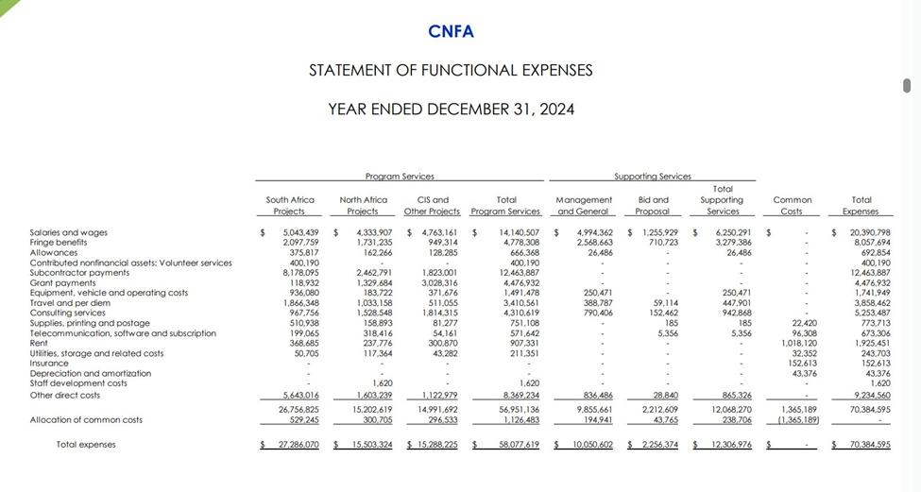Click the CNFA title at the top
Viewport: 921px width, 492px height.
click(451, 31)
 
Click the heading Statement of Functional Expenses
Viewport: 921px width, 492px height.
click(451, 71)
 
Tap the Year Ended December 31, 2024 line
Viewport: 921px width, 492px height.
click(451, 110)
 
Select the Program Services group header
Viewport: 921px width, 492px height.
click(400, 177)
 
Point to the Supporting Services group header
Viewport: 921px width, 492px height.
click(652, 177)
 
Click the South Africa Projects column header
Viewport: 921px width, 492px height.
click(290, 206)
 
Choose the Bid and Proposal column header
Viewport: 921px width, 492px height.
click(653, 206)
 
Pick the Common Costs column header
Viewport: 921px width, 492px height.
click(793, 206)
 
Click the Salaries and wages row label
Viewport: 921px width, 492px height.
click(69, 232)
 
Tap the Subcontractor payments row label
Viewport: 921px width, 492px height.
click(80, 273)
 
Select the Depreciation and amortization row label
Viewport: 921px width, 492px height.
click(91, 373)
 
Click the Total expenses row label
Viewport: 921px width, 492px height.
click(86, 444)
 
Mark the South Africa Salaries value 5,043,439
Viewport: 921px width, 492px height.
click(301, 232)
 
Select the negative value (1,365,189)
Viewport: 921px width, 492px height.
click(798, 420)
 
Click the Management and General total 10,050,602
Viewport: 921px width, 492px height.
click(592, 444)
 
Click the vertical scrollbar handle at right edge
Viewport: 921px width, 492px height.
click(907, 86)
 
